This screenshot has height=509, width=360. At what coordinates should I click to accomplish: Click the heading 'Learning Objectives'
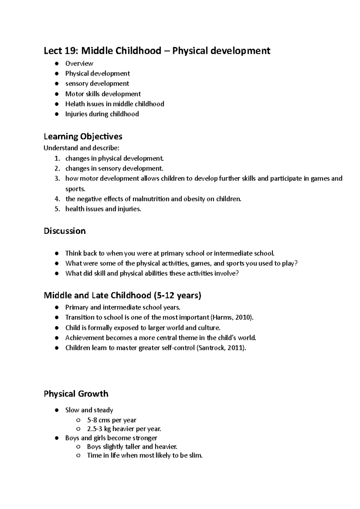click(x=83, y=137)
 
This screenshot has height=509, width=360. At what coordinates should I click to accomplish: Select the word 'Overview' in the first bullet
click(x=79, y=64)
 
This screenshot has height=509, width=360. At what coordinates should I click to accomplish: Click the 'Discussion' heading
click(x=64, y=231)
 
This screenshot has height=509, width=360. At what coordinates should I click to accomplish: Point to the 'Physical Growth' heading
click(x=76, y=394)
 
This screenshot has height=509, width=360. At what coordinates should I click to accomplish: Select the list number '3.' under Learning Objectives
click(x=57, y=179)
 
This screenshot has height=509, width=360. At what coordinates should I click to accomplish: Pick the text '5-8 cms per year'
click(x=112, y=420)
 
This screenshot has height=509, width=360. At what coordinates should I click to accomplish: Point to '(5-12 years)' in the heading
click(x=177, y=296)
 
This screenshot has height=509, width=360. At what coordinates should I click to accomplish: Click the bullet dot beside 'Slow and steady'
click(x=57, y=410)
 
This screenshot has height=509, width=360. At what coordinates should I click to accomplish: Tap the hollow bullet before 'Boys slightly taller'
click(x=79, y=447)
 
